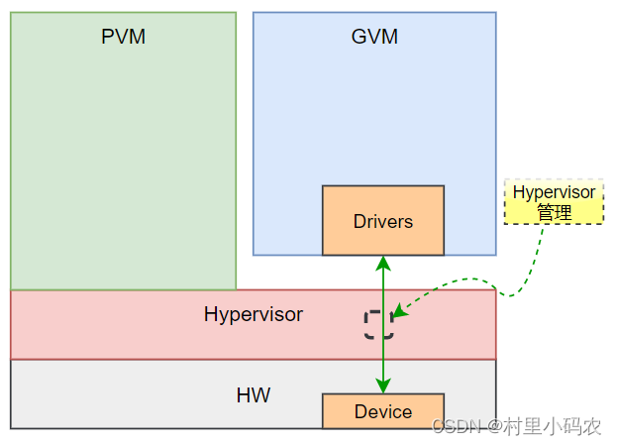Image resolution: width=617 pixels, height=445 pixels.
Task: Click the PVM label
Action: point(123,37)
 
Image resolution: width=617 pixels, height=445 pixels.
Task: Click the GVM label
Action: point(374,37)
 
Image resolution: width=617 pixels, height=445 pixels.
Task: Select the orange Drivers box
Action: point(383,220)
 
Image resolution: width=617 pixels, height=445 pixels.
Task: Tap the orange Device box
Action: point(383,411)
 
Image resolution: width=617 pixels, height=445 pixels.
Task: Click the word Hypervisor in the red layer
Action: point(254,315)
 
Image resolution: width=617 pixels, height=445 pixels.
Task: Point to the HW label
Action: point(254,396)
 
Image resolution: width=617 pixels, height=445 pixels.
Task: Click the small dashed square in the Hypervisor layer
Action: point(378,324)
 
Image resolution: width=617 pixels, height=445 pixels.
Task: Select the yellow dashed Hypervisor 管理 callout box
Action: point(554,202)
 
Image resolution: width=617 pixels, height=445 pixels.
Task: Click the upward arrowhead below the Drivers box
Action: point(383,263)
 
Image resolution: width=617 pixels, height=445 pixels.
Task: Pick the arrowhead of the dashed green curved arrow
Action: point(397,314)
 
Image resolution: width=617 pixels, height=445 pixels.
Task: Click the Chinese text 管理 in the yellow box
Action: point(554,212)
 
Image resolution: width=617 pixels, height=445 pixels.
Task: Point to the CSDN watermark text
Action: point(454,426)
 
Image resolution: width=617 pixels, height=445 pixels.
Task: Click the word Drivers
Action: point(383,221)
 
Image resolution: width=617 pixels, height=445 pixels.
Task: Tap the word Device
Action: point(383,411)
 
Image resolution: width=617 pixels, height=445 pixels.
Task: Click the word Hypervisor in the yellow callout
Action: point(554,192)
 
